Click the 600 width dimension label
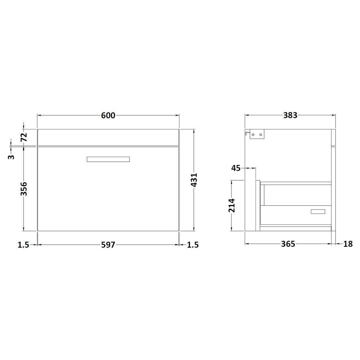point(108,116)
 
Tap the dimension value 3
point(11,157)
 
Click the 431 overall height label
point(194,180)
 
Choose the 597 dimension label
point(108,245)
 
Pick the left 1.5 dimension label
point(24,245)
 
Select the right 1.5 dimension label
point(193,245)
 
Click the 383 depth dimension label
point(290,116)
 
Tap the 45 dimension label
point(236,168)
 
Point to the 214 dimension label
point(232,206)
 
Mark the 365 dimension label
point(288,244)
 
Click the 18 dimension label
point(348,244)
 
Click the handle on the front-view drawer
point(108,159)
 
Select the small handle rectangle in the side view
point(318,211)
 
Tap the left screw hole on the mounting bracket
point(253,135)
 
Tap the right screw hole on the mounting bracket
point(261,135)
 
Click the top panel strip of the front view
point(108,137)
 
